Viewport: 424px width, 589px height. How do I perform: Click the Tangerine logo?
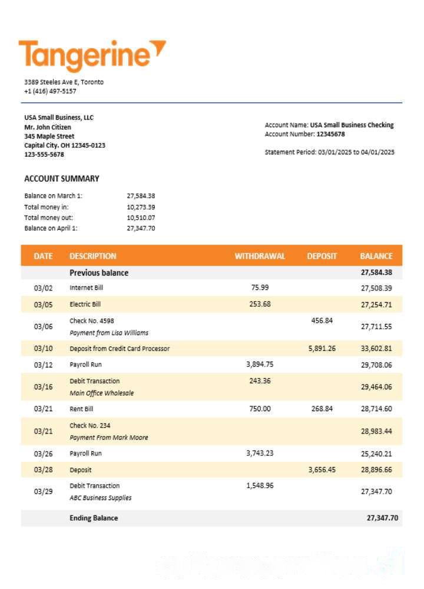(92, 55)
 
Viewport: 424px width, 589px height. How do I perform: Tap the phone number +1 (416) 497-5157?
(50, 91)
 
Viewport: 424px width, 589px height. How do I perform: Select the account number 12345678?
(330, 134)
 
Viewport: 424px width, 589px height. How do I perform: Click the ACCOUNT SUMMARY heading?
(62, 178)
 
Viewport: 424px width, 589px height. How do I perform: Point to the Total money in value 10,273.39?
(141, 207)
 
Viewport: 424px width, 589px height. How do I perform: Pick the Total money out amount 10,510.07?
(141, 217)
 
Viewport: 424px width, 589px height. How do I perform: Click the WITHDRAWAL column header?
(260, 256)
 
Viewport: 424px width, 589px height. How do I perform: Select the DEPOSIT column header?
(322, 256)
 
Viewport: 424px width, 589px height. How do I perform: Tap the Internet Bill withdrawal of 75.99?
(260, 287)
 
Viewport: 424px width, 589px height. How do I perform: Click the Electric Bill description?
(85, 305)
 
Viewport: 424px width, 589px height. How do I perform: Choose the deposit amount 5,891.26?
(322, 348)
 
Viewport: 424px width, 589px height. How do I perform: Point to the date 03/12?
(43, 365)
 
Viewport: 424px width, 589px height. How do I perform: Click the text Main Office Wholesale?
(102, 393)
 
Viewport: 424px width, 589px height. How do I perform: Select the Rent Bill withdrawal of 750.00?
(260, 409)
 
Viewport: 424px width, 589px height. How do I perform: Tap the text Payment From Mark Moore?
(109, 438)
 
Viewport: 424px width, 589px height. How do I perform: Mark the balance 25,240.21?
(376, 454)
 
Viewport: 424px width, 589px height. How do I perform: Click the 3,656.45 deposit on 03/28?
(322, 470)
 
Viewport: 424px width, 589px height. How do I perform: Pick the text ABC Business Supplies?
(101, 498)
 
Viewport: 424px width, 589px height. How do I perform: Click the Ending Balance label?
(94, 518)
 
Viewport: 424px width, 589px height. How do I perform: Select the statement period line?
(330, 152)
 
